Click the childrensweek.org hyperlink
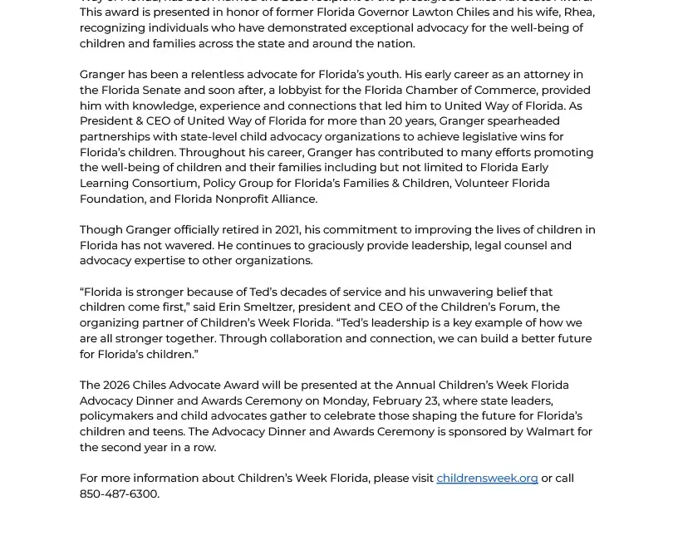coord(487,479)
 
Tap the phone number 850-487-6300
coord(118,494)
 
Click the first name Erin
coord(232,307)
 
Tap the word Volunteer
coord(484,184)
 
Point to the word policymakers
coord(116,416)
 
